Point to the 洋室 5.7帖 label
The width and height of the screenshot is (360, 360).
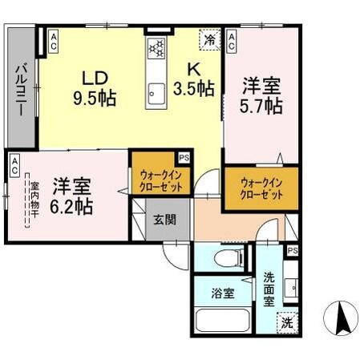[261, 93]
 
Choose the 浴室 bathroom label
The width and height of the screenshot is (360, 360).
[222, 293]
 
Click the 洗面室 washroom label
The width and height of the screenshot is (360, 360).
[273, 286]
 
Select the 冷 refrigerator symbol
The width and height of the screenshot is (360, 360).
[209, 38]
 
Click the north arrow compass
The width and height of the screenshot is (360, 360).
[339, 319]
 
